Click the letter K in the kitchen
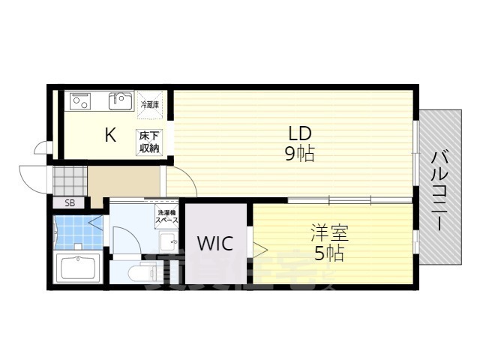tap(109, 135)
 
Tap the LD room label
tap(300, 133)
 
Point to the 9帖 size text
tap(300, 154)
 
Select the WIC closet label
tap(215, 243)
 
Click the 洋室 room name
tap(330, 233)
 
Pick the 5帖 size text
tap(329, 253)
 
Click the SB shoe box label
tap(70, 202)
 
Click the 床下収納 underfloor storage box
tap(148, 141)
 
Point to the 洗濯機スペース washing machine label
tap(167, 217)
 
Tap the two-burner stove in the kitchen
tap(81, 101)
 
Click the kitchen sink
tap(120, 100)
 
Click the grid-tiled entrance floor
tap(69, 181)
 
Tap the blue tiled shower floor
tap(76, 232)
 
